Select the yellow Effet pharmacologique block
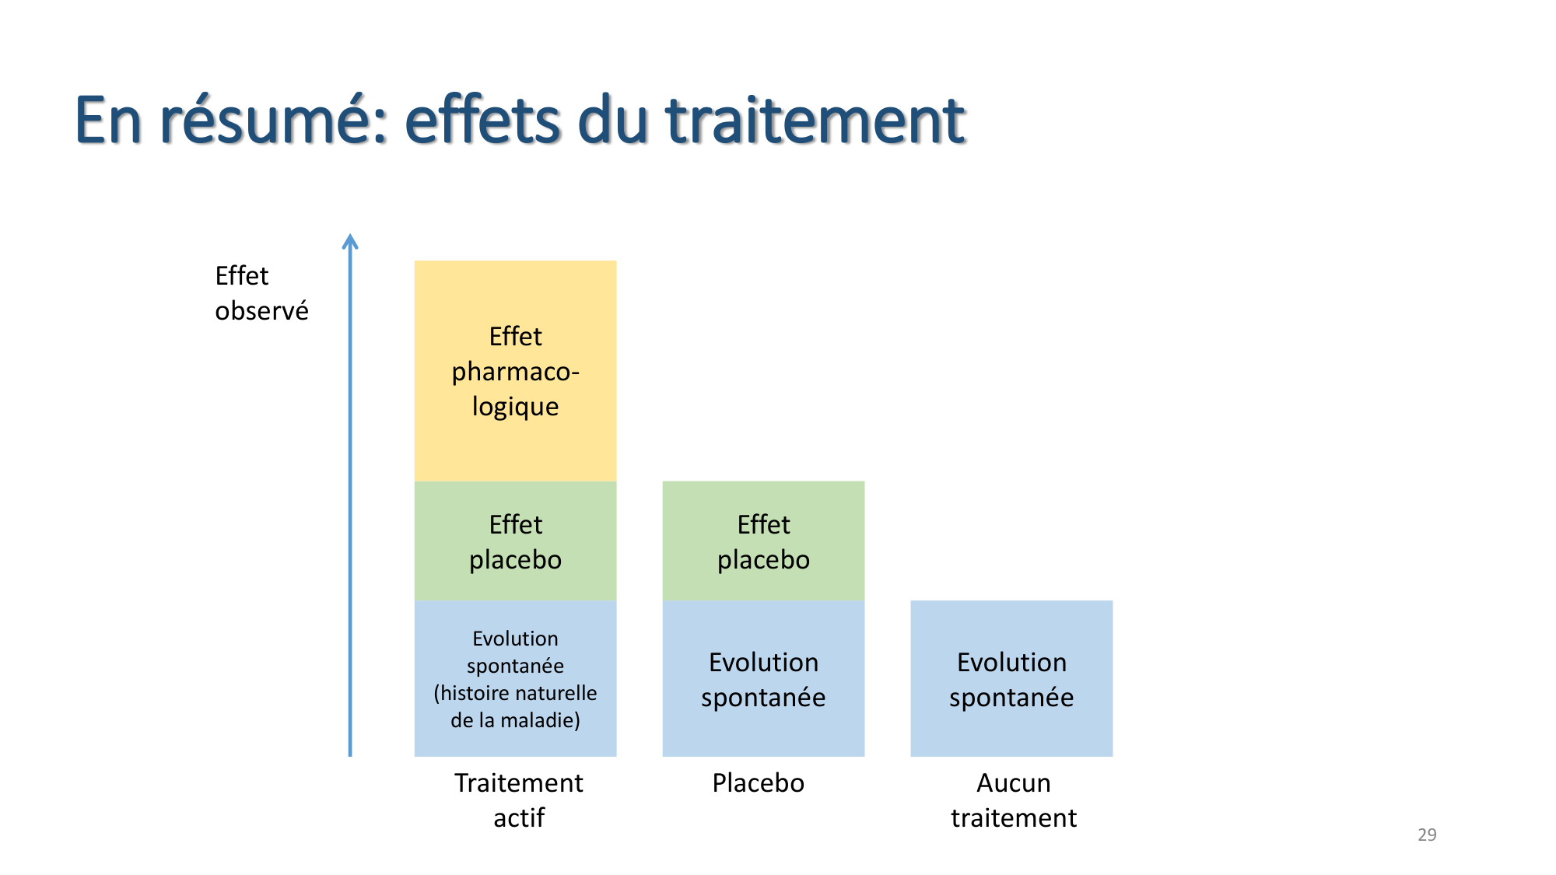coord(515,371)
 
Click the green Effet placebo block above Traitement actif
coord(515,541)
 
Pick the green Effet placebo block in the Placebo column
coord(763,541)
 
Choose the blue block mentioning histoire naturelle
coord(515,678)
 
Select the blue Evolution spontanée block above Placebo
coord(763,678)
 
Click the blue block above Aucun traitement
coord(1011,678)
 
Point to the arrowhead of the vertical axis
coord(350,242)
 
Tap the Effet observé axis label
coord(261,293)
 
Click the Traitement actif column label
coord(519,800)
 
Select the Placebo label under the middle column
coord(758,782)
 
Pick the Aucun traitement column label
coord(1013,800)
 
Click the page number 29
coord(1427,835)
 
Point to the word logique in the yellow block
coord(515,407)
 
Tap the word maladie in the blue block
coord(539,720)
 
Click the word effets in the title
coord(482,121)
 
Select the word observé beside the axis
coord(261,311)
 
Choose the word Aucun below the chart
coord(1013,782)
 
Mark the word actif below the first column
coord(519,817)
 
